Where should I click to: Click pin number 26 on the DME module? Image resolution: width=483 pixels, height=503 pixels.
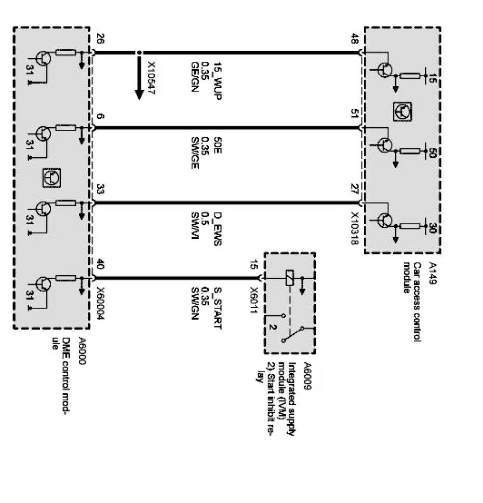pyautogui.click(x=100, y=39)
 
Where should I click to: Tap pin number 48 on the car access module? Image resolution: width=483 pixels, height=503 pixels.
pyautogui.click(x=355, y=39)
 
